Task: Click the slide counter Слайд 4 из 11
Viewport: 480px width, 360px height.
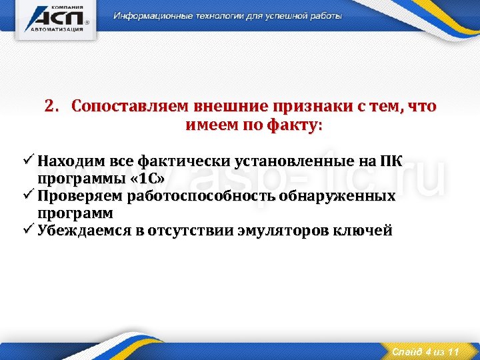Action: [425, 351]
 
